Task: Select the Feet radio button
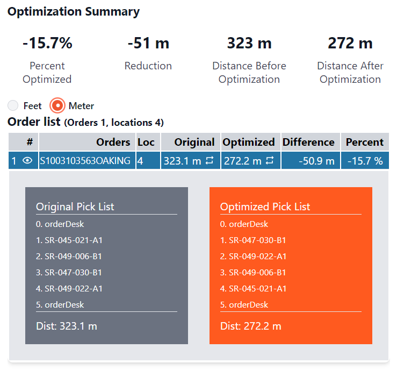click(13, 105)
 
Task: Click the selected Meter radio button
click(57, 105)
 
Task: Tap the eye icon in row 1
click(28, 161)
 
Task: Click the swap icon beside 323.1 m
click(210, 160)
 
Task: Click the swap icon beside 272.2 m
click(270, 160)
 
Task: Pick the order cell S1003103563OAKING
click(85, 161)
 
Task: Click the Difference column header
click(308, 142)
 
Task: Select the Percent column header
click(364, 142)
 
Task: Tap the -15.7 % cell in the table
click(364, 161)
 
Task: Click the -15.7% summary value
click(47, 43)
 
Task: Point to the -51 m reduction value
click(148, 43)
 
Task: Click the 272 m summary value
click(350, 43)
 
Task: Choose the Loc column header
click(146, 142)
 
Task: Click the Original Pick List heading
click(75, 207)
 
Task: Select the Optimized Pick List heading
click(265, 207)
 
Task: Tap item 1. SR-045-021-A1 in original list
click(69, 240)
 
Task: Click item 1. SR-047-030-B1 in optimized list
click(253, 240)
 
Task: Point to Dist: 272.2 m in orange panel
click(250, 326)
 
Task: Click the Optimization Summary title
click(74, 12)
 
